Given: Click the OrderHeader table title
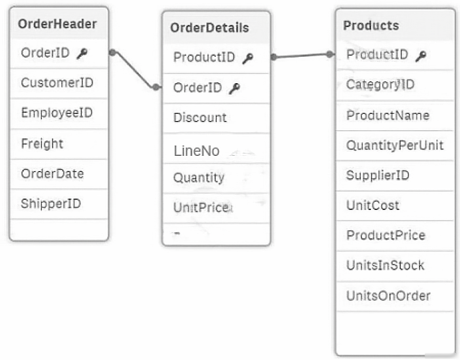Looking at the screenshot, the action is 57,24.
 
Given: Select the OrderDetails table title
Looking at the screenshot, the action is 210,28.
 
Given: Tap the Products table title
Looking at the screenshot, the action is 371,26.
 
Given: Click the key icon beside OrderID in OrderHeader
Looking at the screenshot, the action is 82,54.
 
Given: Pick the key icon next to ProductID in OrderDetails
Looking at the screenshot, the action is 248,58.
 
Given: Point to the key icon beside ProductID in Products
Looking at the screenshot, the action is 421,56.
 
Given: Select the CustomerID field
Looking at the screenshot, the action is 57,83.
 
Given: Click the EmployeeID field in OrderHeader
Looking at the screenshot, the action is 57,113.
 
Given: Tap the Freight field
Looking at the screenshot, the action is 42,143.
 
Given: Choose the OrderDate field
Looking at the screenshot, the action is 53,174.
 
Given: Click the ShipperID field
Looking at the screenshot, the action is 51,204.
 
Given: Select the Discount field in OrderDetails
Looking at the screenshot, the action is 200,118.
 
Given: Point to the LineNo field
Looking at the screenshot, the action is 197,151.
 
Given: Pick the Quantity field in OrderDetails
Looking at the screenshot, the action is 199,178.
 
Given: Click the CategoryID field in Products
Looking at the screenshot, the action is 380,85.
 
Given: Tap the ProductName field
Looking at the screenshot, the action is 388,115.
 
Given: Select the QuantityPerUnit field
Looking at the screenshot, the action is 395,146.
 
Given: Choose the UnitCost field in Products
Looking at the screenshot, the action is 373,205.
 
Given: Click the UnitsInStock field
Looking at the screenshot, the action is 385,266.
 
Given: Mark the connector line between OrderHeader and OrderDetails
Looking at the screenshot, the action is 134,70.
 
